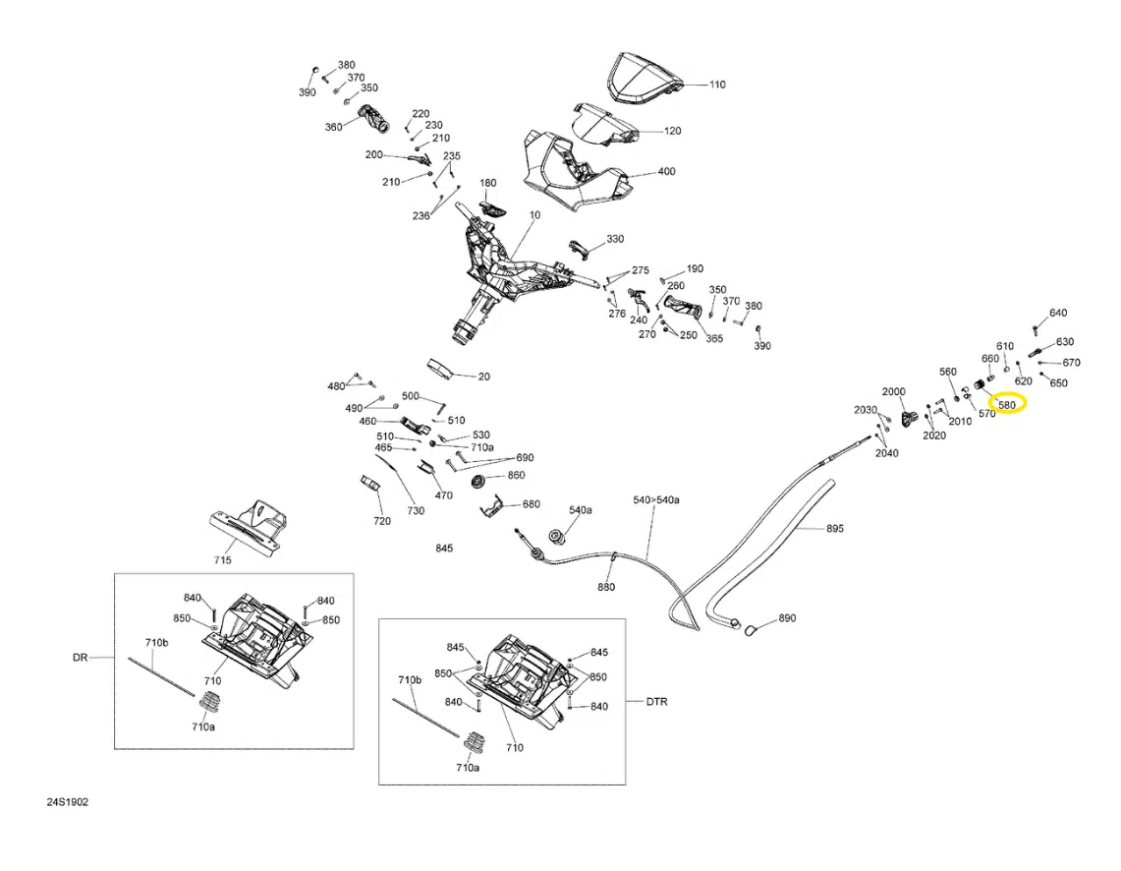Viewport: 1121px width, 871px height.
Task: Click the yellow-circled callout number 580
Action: pos(1007,405)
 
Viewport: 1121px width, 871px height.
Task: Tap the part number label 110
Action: pos(717,85)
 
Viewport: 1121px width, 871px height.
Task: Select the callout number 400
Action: pos(666,172)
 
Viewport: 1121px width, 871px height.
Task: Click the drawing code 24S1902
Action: pos(68,802)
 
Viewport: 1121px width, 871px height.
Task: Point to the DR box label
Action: pos(81,658)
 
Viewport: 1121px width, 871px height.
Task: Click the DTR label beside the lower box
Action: pos(657,702)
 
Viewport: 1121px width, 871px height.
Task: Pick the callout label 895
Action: pos(835,529)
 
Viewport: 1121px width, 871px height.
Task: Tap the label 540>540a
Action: pos(656,499)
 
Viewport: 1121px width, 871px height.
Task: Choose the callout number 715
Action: pos(222,560)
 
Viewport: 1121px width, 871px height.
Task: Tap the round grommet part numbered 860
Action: pos(478,481)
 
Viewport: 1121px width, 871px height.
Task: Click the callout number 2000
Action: pos(894,392)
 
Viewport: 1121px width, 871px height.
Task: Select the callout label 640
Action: pos(1058,313)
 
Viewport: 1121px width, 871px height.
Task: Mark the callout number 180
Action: pos(487,183)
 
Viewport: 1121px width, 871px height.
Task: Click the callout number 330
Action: pos(615,239)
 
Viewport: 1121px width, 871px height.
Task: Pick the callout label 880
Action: pos(605,587)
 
